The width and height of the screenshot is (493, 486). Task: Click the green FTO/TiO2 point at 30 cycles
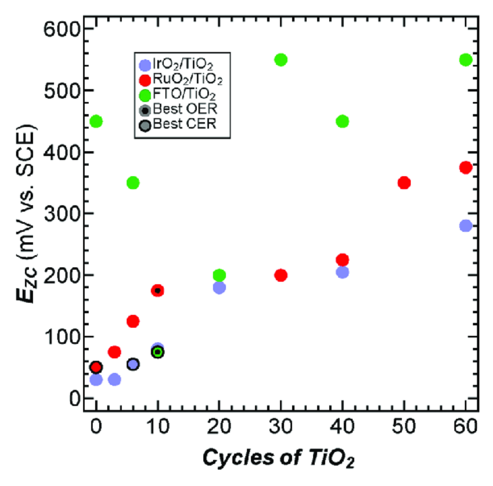point(281,60)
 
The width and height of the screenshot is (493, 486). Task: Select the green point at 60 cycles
point(466,60)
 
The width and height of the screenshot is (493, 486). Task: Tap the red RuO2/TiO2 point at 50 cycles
point(404,183)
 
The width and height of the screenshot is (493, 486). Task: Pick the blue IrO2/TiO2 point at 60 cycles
point(466,226)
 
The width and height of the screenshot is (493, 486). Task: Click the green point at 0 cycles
point(96,122)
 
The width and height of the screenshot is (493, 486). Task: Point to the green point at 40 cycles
point(342,122)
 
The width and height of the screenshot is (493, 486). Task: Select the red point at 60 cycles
point(466,167)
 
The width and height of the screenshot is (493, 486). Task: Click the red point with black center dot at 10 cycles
point(158,290)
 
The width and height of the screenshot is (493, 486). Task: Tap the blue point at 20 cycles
point(219,287)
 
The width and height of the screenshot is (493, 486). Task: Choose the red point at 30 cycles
point(281,275)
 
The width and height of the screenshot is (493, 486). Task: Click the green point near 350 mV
point(133,183)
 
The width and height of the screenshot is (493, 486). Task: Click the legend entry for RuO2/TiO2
point(187,79)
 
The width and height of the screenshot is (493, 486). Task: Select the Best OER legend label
point(185,109)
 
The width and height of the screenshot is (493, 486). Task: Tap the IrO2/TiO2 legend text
point(183,64)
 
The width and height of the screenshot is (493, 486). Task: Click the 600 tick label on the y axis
point(61,29)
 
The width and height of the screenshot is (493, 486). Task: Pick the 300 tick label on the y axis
point(61,214)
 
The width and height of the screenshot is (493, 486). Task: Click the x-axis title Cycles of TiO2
point(278,458)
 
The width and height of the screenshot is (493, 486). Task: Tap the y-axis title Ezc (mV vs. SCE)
point(26,213)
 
